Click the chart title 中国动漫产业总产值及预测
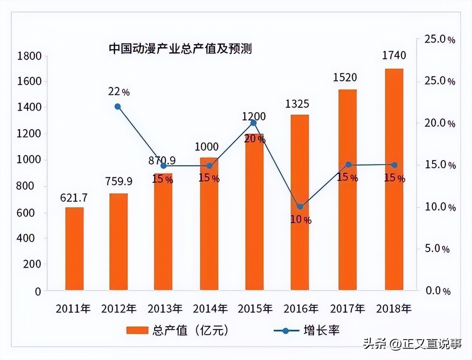coord(180,48)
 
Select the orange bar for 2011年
coord(74,249)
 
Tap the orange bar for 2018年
coord(394,179)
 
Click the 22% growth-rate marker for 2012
coord(118,107)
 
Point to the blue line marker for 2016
coord(300,206)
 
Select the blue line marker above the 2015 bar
coord(254,123)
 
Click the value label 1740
coord(394,55)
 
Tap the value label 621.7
coord(74,198)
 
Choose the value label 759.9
coord(119,181)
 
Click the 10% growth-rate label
coord(300,219)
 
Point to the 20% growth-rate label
coord(255,139)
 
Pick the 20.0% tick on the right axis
coord(439,123)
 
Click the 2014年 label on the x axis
coord(210,308)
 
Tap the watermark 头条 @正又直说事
coord(412,344)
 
